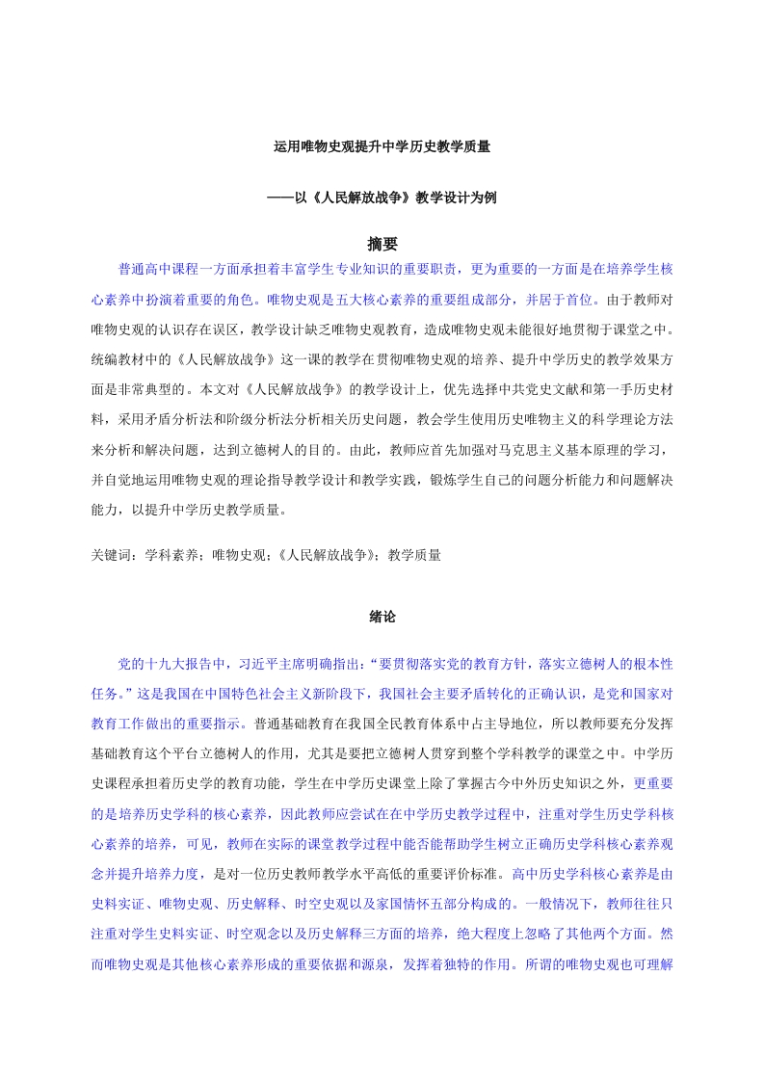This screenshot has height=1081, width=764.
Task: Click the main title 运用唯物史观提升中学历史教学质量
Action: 382,147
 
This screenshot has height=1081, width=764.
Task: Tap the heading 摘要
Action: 382,244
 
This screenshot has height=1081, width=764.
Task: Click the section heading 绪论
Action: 382,614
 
